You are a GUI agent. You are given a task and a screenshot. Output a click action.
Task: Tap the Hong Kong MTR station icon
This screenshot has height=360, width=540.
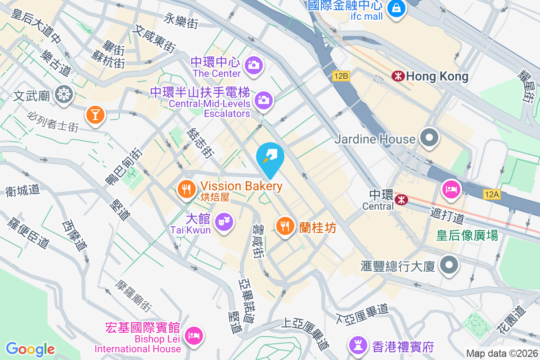tap(398, 76)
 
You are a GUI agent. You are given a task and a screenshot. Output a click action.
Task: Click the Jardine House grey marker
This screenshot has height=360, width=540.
tap(429, 138)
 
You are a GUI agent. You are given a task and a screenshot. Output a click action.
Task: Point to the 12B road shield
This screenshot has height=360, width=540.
tap(341, 76)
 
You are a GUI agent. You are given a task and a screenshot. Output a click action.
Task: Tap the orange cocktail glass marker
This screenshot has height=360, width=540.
tap(95, 114)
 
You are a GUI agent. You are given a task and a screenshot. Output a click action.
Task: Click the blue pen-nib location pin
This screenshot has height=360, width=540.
tap(270, 157)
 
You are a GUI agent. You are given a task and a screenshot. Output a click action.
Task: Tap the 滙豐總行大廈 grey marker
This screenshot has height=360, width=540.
tap(449, 265)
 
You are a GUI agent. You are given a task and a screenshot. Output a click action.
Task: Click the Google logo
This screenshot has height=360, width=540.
tap(30, 349)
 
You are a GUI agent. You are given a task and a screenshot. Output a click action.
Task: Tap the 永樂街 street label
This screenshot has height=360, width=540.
tap(181, 20)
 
